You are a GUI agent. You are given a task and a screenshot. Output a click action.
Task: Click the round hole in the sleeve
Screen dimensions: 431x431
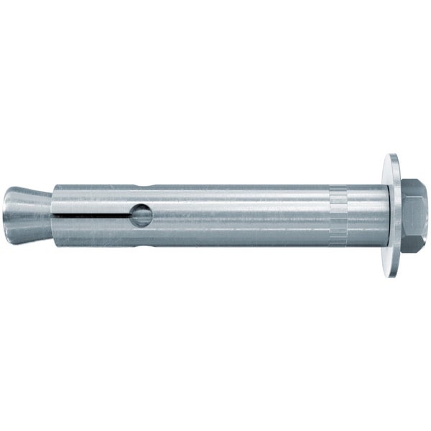click(x=142, y=215)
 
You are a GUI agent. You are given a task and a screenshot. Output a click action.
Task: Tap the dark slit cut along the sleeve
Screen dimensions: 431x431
click(x=93, y=214)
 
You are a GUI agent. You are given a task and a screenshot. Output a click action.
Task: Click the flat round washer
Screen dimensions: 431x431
click(x=393, y=215)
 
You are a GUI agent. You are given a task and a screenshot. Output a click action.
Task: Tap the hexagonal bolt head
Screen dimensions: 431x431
click(x=414, y=215)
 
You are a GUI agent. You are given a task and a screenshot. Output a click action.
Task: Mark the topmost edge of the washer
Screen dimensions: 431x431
click(x=392, y=154)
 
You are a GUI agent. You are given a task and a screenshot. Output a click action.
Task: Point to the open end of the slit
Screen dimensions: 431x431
click(x=55, y=214)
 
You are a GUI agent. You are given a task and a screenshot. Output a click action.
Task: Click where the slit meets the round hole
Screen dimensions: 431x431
click(x=131, y=214)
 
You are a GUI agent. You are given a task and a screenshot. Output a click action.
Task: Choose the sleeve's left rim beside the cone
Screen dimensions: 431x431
click(x=55, y=201)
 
